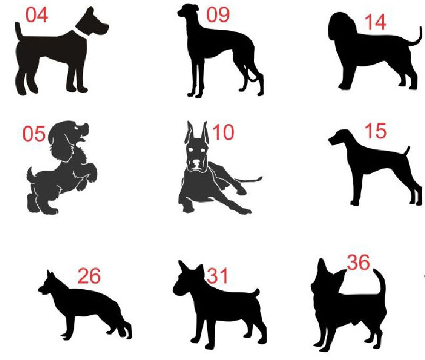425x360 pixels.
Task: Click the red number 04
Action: click(37, 15)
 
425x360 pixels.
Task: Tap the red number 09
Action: click(218, 15)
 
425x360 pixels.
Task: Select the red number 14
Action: click(375, 22)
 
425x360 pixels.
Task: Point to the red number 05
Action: click(33, 134)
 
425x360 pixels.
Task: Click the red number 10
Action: click(223, 132)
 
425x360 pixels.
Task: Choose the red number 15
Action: click(376, 131)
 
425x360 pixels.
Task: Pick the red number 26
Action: click(89, 276)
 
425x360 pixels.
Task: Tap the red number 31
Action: click(217, 276)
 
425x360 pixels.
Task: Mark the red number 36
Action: click(358, 262)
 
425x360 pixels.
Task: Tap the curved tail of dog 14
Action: click(418, 37)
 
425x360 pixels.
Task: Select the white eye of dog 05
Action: click(78, 128)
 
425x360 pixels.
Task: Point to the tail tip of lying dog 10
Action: click(260, 179)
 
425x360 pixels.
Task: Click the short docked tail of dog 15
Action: click(407, 150)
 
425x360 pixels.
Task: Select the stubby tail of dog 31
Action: click(256, 292)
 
